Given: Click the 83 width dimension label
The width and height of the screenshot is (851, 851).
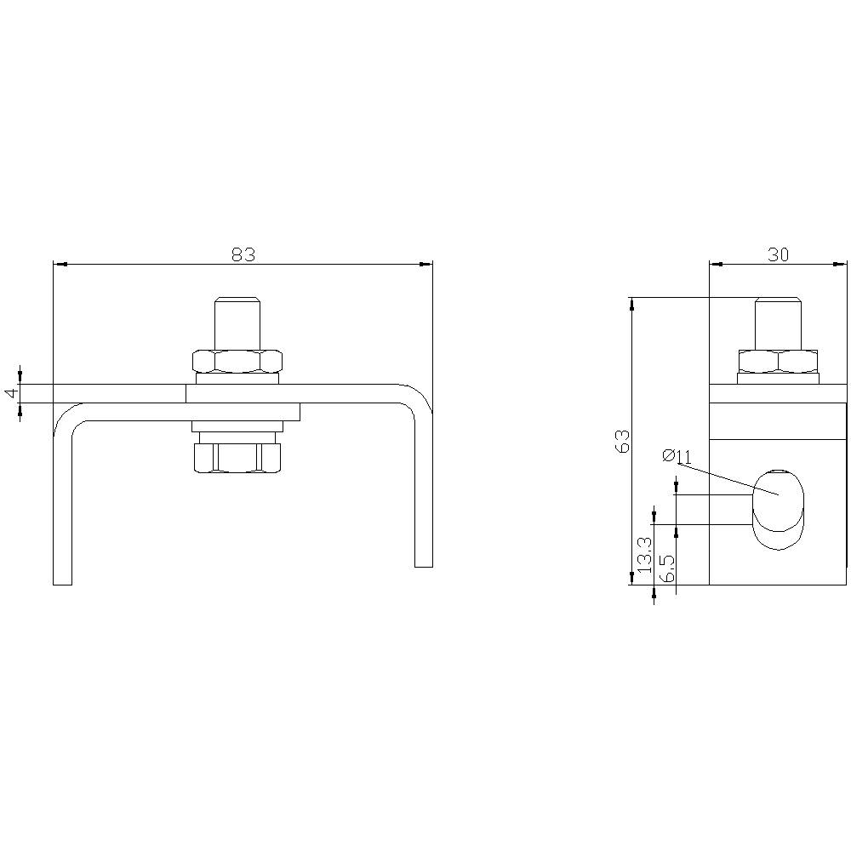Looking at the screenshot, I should pyautogui.click(x=243, y=254).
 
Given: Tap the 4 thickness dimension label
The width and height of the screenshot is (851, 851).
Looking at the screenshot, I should pyautogui.click(x=10, y=393).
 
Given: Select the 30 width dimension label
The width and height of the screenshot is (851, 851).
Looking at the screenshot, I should pyautogui.click(x=778, y=254).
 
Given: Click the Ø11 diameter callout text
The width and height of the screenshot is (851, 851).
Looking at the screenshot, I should pyautogui.click(x=677, y=457).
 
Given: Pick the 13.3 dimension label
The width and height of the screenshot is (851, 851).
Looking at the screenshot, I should pyautogui.click(x=644, y=554).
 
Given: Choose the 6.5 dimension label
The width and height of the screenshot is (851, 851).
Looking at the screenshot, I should pyautogui.click(x=667, y=567).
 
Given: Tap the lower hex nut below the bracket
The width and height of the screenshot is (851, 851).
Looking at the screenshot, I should pyautogui.click(x=237, y=458).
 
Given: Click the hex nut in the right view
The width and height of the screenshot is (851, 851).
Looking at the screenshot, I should pyautogui.click(x=778, y=361).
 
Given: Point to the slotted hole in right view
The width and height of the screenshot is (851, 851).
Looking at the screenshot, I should pyautogui.click(x=777, y=508).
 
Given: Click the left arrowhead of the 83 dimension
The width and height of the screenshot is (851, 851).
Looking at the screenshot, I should pyautogui.click(x=58, y=265).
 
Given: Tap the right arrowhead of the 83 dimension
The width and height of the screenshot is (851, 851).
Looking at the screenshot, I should pyautogui.click(x=428, y=265).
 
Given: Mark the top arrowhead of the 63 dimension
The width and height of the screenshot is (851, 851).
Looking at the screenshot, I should pyautogui.click(x=631, y=302).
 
